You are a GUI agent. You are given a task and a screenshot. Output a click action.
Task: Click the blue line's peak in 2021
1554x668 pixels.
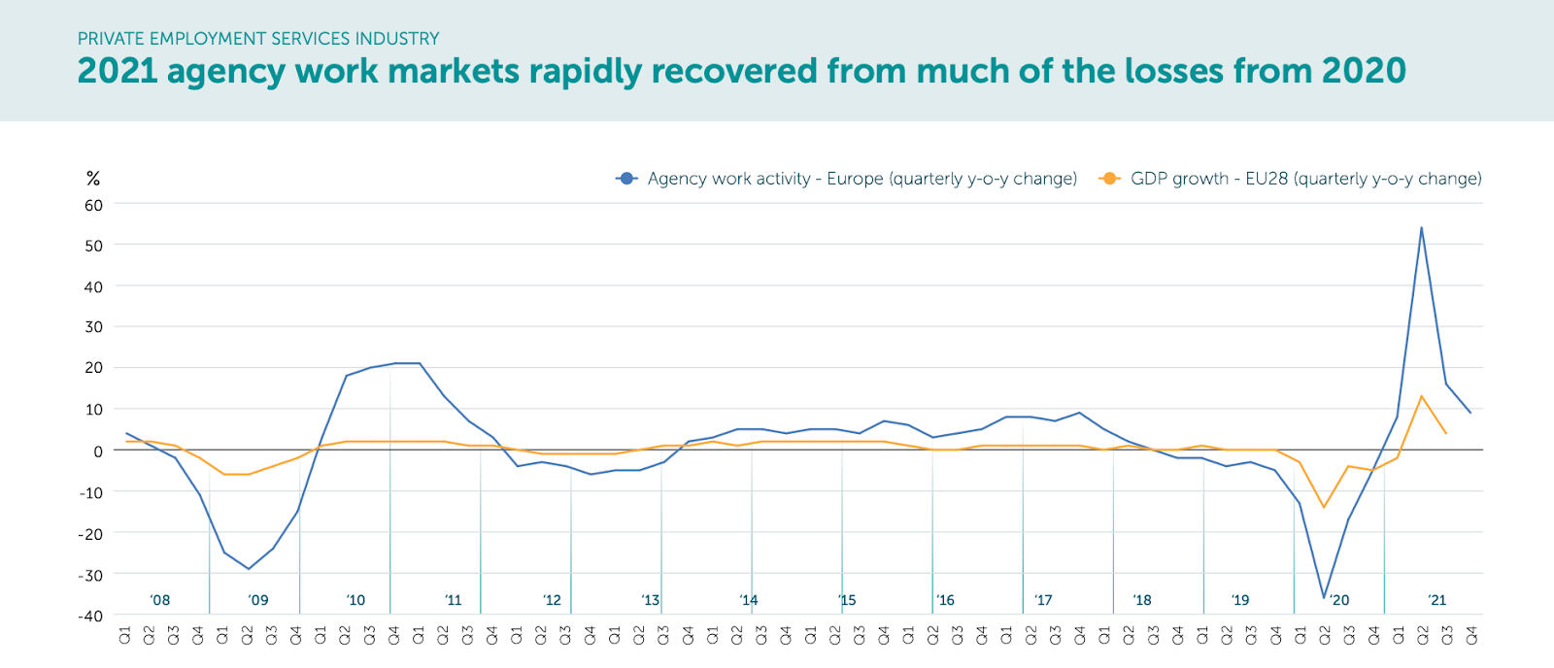pos(1421,228)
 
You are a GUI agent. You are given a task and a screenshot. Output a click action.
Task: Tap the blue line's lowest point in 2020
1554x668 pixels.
pos(1323,597)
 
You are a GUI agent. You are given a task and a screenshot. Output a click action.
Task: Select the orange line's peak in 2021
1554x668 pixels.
pos(1421,396)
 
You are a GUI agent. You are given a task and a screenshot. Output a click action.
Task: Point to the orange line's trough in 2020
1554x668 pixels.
pos(1323,507)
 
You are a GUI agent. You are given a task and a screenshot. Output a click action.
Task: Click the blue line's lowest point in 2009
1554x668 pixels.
pos(249,569)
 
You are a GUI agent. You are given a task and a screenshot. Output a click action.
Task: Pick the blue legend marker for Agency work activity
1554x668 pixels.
pos(626,179)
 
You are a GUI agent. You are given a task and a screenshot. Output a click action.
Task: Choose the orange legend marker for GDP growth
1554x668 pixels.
pos(1109,179)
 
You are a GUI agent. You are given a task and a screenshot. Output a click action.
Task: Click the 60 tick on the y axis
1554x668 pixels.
pos(93,205)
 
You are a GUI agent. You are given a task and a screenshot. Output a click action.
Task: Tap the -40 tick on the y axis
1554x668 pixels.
pos(91,616)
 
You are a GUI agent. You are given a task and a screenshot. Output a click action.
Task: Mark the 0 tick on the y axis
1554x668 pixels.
pos(98,451)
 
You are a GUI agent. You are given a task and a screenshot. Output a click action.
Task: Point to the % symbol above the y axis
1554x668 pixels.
pos(93,179)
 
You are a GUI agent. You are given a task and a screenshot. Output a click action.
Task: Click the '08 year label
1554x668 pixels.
pos(160,600)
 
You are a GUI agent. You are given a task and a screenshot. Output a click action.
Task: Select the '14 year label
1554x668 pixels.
pos(748,600)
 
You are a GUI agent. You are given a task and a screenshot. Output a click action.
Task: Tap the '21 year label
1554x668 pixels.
pos(1436,600)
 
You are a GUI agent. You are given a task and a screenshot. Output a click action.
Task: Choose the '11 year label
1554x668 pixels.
pos(454,600)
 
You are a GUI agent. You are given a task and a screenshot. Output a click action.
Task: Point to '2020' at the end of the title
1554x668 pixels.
pos(1364,71)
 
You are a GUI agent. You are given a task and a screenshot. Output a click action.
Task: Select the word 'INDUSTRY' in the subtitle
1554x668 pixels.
pos(397,39)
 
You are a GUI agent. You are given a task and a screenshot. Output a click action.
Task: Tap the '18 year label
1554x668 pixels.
pos(1142,600)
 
